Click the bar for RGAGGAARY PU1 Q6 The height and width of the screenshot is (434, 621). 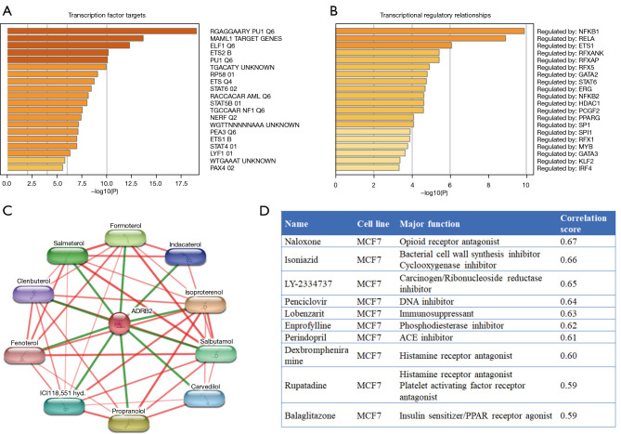102,31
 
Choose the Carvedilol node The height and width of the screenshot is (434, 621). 205,396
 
